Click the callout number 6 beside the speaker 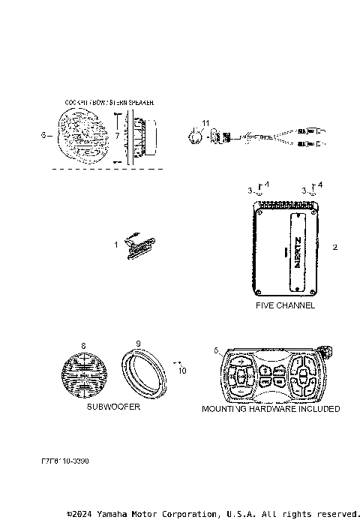pyautogui.click(x=43, y=135)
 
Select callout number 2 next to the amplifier pyautogui.click(x=335, y=247)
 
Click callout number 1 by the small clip pyautogui.click(x=116, y=245)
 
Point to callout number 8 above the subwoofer pyautogui.click(x=83, y=344)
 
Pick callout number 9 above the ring pyautogui.click(x=138, y=344)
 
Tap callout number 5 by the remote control pyautogui.click(x=216, y=350)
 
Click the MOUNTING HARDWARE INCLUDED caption pyautogui.click(x=271, y=409)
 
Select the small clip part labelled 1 pyautogui.click(x=139, y=245)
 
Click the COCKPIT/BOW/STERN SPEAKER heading pyautogui.click(x=111, y=101)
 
